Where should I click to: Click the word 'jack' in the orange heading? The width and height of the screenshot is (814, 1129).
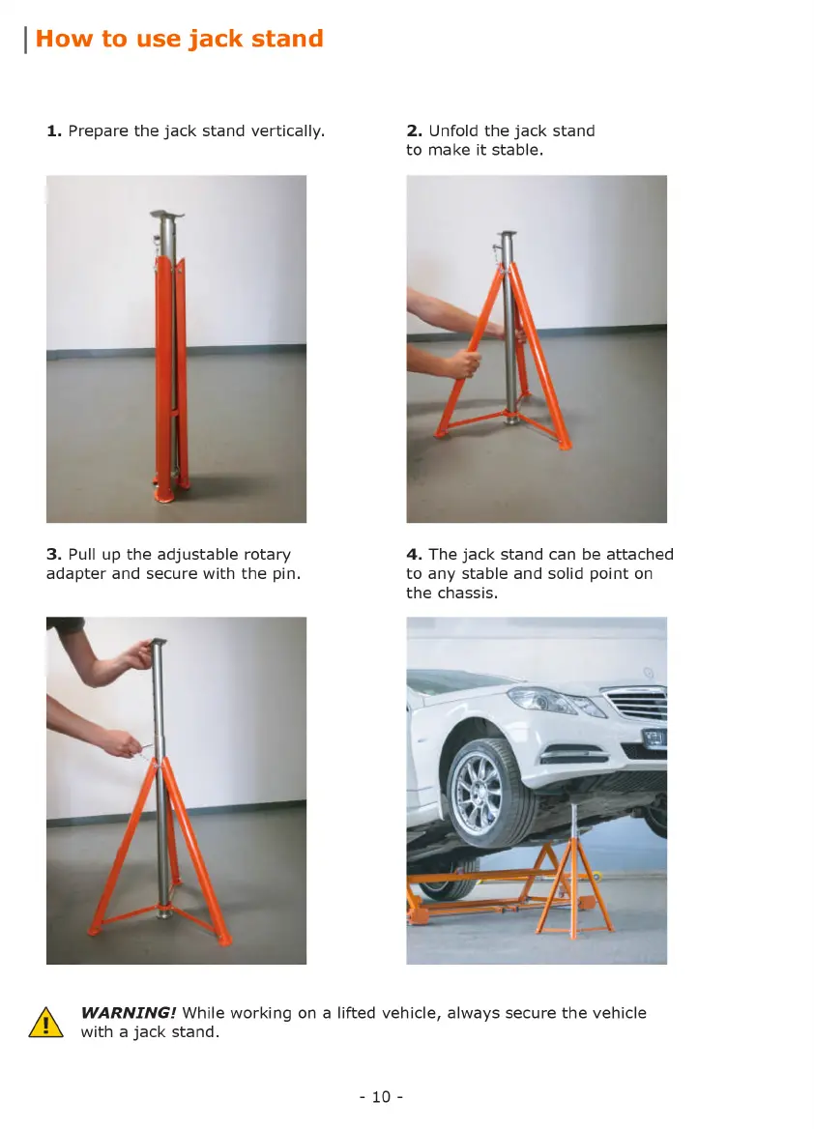point(216,39)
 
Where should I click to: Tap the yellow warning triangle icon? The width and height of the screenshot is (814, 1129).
point(45,1023)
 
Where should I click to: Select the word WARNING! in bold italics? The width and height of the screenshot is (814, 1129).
point(129,1012)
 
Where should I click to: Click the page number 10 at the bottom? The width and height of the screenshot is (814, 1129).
point(381,1096)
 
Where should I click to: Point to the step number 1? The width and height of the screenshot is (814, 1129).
point(53,131)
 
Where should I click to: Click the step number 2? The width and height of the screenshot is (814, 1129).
point(414,131)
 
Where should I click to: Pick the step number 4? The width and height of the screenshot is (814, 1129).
point(414,555)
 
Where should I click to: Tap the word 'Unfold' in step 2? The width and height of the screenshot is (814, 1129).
point(453,131)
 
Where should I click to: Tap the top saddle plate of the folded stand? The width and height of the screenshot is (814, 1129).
point(167,214)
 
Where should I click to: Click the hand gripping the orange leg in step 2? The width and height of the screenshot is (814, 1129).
point(465,362)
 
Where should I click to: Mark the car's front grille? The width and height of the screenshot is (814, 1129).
point(635,703)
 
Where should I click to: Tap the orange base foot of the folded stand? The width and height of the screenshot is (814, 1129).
point(163,495)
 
